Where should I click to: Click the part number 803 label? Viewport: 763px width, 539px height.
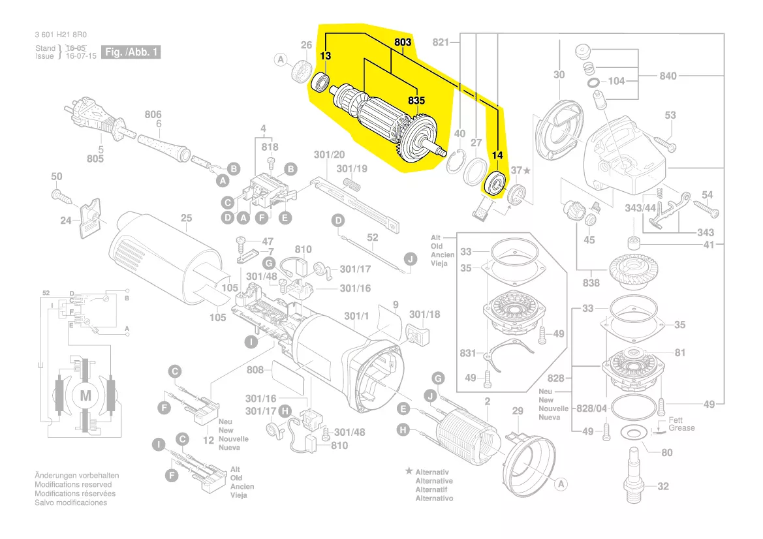403,43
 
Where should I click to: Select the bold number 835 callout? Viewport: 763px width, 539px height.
416,100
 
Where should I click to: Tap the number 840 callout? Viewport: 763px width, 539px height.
668,76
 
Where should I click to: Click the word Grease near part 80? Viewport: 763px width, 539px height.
681,428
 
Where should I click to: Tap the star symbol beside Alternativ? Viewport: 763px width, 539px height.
409,470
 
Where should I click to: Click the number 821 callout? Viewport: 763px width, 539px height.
442,42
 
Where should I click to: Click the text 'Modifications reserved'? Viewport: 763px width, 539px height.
72,485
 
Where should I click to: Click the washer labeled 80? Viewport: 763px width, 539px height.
631,433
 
